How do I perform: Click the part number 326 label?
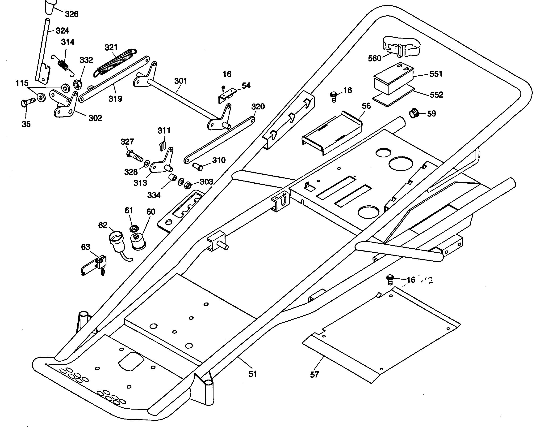71,14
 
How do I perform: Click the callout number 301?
180,81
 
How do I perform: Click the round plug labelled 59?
414,114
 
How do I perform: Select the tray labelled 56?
333,133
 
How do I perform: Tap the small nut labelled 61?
134,228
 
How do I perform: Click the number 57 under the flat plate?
314,375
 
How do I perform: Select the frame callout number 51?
253,374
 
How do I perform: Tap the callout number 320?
258,107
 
